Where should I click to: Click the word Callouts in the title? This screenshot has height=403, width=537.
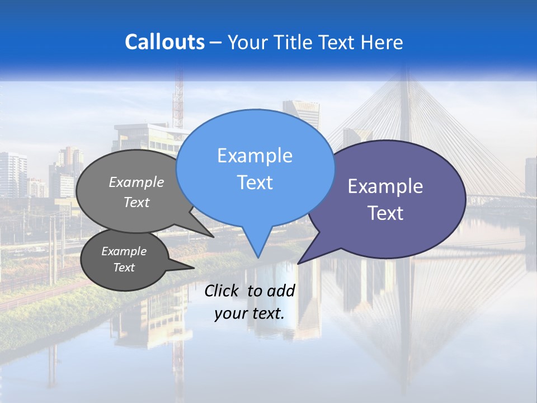tap(164, 43)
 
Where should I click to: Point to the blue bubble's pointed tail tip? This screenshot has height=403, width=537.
tap(258, 257)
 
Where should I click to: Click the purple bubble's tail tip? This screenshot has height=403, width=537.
tap(298, 264)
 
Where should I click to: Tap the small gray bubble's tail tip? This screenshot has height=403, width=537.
tap(194, 268)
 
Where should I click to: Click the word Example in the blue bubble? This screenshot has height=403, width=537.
tap(255, 156)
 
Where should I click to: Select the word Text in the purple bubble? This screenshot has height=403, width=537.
tap(385, 213)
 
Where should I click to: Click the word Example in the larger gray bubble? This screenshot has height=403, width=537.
tap(136, 182)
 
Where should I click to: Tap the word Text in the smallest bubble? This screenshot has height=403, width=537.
tap(124, 268)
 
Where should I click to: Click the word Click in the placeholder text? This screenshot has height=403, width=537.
tap(223, 290)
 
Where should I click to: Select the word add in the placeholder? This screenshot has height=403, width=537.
tap(281, 290)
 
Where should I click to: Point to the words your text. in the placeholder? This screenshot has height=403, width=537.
tap(249, 313)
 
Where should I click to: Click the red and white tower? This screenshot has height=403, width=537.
tap(178, 101)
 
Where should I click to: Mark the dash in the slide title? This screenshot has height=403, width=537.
tap(216, 43)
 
